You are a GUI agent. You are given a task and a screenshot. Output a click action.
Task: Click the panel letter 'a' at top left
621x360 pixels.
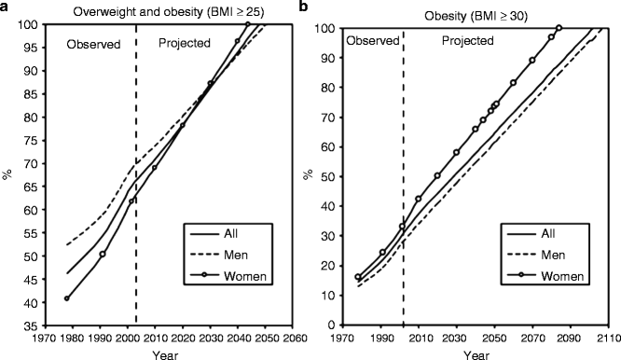[6, 7]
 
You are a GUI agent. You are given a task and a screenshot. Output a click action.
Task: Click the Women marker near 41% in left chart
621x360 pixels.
[66, 298]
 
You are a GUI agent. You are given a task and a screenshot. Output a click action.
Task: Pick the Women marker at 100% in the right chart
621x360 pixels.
[559, 28]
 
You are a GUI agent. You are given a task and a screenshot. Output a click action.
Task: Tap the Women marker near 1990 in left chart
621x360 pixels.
[103, 254]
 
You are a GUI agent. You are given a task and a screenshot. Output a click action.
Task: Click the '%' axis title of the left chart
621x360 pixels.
[10, 174]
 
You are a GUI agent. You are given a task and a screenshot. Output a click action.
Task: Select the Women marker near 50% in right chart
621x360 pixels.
[437, 175]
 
